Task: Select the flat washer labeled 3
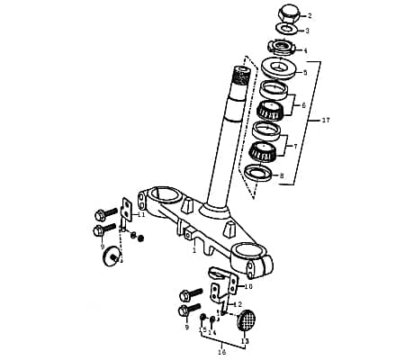285,31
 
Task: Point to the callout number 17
327,119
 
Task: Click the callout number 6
303,105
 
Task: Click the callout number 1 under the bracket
193,251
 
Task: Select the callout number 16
221,352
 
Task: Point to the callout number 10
248,286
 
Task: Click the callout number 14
212,332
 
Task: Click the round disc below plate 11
112,257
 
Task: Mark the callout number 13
245,341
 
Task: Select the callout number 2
309,15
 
